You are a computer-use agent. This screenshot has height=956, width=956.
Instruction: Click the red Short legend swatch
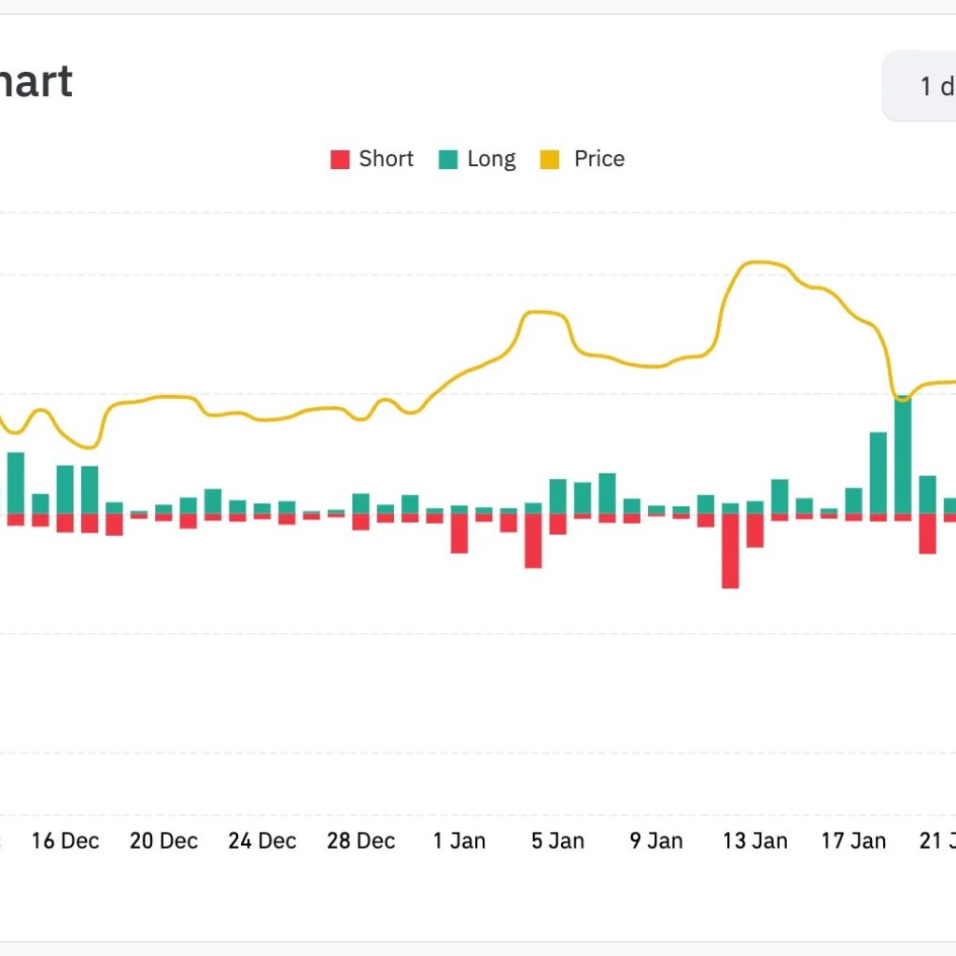[x=340, y=160]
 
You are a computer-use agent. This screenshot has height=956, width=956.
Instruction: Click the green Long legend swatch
[x=448, y=160]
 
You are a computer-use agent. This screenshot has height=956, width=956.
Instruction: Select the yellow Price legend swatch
[x=551, y=160]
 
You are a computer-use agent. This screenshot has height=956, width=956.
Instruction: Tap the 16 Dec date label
[x=65, y=840]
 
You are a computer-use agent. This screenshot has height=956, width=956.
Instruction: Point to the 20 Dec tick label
[x=164, y=840]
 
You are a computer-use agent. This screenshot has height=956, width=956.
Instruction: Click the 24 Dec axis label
[x=262, y=840]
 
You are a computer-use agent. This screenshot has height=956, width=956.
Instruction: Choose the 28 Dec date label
[x=361, y=840]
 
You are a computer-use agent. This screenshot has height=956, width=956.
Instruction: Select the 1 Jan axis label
[x=459, y=840]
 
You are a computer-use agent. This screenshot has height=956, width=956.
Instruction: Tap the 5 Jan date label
[x=558, y=840]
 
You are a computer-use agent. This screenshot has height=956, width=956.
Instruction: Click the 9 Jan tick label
[x=656, y=840]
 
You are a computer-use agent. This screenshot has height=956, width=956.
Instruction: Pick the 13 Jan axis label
[x=755, y=840]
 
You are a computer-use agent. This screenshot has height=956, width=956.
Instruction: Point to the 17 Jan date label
[x=853, y=840]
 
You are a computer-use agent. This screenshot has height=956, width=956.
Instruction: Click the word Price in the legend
[x=599, y=159]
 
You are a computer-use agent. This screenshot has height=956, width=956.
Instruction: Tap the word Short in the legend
[x=386, y=159]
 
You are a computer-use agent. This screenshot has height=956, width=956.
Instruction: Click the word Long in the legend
[x=491, y=159]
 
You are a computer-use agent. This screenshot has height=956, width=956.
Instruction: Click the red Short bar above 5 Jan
[x=533, y=541]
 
